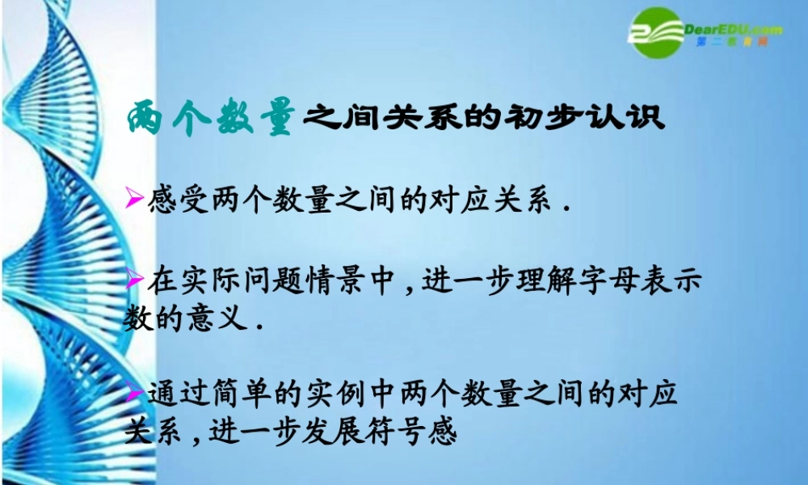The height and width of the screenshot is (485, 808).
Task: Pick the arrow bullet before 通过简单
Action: coord(135,394)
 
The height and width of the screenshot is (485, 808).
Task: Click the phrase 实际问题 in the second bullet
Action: coord(235,283)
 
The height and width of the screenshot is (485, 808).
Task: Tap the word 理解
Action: coord(549,283)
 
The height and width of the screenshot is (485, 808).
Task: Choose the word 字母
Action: coord(613,283)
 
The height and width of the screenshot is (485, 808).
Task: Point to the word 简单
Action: coord(235,396)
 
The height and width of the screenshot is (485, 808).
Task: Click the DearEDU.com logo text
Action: coord(732,29)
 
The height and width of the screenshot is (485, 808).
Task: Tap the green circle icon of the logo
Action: coord(656,32)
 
